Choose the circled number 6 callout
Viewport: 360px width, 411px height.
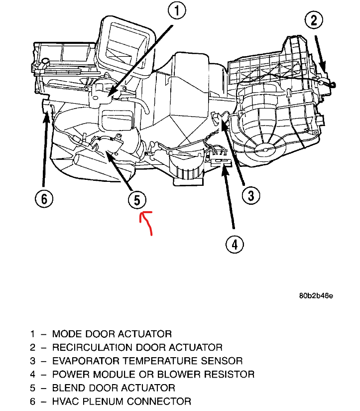pos(44,199)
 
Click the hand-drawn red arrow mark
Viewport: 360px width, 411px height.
pos(147,221)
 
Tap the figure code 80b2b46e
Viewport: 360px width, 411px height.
pos(316,295)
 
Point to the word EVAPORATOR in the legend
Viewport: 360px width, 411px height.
pos(83,361)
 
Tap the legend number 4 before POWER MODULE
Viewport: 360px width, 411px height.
pos(32,374)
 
